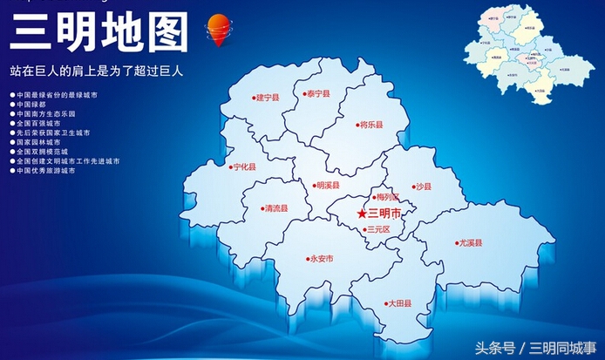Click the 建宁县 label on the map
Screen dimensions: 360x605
pyautogui.click(x=267, y=98)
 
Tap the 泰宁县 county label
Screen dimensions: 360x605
pyautogui.click(x=316, y=93)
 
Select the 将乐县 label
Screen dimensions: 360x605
pyautogui.click(x=371, y=125)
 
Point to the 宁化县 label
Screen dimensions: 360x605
pyautogui.click(x=244, y=166)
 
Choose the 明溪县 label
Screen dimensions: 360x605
pyautogui.click(x=328, y=185)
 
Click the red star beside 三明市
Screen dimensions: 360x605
pyautogui.click(x=362, y=214)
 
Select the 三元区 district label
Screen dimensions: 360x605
pyautogui.click(x=378, y=229)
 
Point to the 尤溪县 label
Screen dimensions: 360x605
pyautogui.click(x=471, y=243)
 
